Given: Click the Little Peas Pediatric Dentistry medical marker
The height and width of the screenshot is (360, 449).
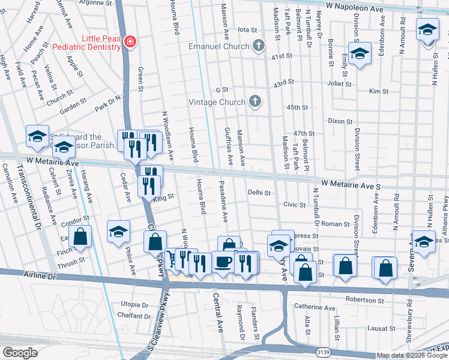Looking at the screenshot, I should coord(128,41).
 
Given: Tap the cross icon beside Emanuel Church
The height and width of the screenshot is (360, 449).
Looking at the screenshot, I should coord(258,46).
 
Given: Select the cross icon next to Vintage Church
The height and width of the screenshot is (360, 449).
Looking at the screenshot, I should coord(255,101).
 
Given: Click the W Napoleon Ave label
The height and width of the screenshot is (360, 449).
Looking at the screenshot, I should coord(355,5).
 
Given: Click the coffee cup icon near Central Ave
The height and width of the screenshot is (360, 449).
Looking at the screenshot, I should coord(223,262).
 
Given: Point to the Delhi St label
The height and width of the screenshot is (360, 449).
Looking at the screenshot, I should coord(259,193).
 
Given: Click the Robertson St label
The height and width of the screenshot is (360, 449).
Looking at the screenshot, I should coord(363,299).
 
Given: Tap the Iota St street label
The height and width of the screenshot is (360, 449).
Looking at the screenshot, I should coord(247,29).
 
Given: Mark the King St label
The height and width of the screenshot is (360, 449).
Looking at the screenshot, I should coord(163,196).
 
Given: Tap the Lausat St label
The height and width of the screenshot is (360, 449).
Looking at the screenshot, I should coord(382,329).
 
